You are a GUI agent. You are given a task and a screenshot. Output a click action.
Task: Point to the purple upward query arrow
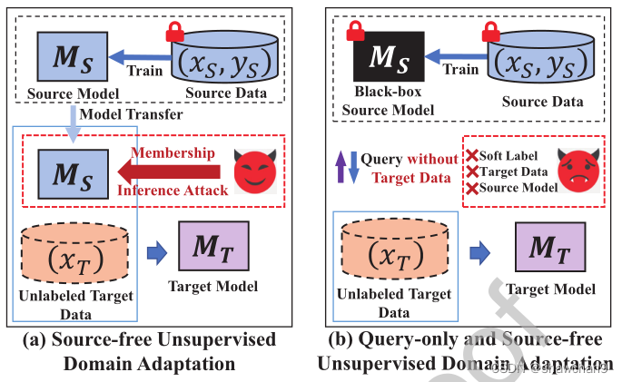(x=339, y=169)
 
